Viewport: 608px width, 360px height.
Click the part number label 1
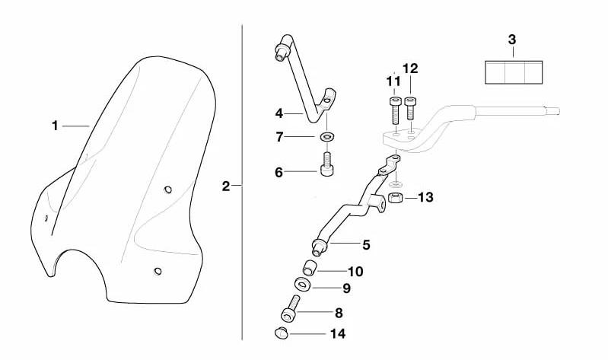click(55, 126)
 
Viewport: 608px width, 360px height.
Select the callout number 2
click(226, 186)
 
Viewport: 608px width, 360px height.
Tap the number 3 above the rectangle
click(511, 38)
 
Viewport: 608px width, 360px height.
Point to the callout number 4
click(279, 114)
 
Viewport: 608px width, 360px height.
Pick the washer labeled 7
click(327, 137)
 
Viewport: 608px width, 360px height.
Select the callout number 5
click(366, 245)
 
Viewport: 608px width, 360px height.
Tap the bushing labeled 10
click(310, 269)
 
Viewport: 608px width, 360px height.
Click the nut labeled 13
click(395, 199)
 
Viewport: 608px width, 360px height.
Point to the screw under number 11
click(395, 111)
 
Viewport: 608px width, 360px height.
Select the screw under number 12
click(411, 107)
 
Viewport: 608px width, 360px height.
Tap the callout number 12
click(410, 68)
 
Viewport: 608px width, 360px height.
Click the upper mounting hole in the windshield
click(168, 190)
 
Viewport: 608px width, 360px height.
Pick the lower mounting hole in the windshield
click(158, 271)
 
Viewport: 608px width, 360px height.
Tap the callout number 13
click(425, 197)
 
